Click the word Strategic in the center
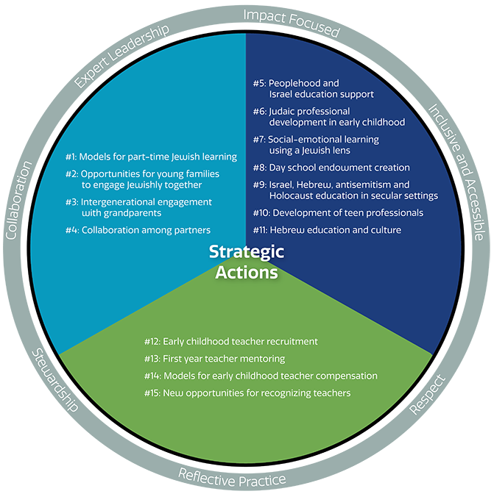(x=247, y=252)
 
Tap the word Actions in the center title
(x=247, y=273)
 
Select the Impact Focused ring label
(x=292, y=23)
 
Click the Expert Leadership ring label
(x=121, y=56)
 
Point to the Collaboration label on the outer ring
(x=19, y=200)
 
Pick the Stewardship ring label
(x=55, y=380)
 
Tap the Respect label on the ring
(x=428, y=395)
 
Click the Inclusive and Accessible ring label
(x=456, y=172)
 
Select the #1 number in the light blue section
(x=71, y=157)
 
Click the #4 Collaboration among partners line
(x=138, y=230)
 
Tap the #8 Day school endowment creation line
(x=331, y=168)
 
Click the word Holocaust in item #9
(x=291, y=196)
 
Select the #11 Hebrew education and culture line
(x=327, y=230)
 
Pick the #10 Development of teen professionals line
(x=338, y=213)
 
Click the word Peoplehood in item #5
(x=294, y=84)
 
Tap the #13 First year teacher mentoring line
(x=214, y=359)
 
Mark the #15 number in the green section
(x=152, y=393)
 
